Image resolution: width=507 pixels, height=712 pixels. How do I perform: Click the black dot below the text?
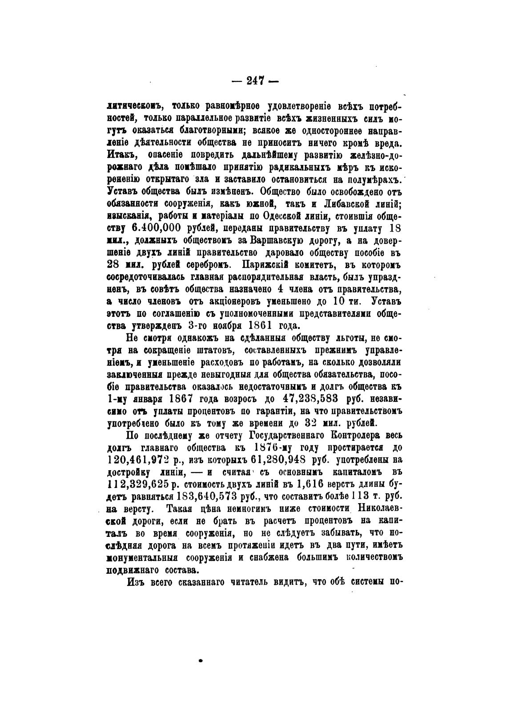(201, 660)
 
